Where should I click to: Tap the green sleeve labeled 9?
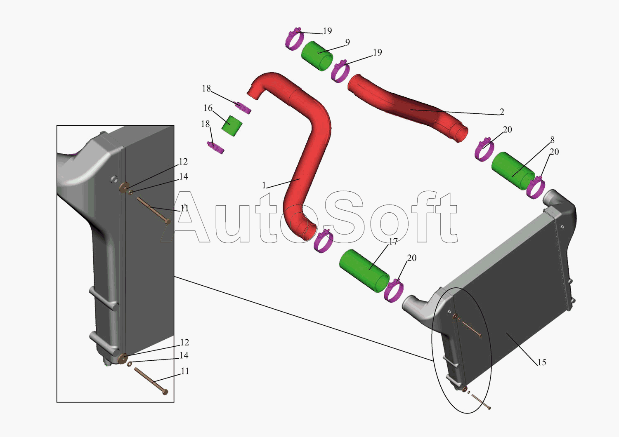317,55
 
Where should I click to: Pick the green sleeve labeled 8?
513,169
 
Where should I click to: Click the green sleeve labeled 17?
364,270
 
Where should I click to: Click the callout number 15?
541,362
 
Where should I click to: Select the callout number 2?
502,112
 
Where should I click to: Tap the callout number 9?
347,42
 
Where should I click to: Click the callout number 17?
393,242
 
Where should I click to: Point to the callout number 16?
208,108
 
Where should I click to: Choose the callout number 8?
552,140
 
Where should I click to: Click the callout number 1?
264,186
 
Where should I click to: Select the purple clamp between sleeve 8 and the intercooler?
536,188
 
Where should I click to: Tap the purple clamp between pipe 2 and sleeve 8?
484,149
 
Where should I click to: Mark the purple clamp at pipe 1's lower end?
323,241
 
